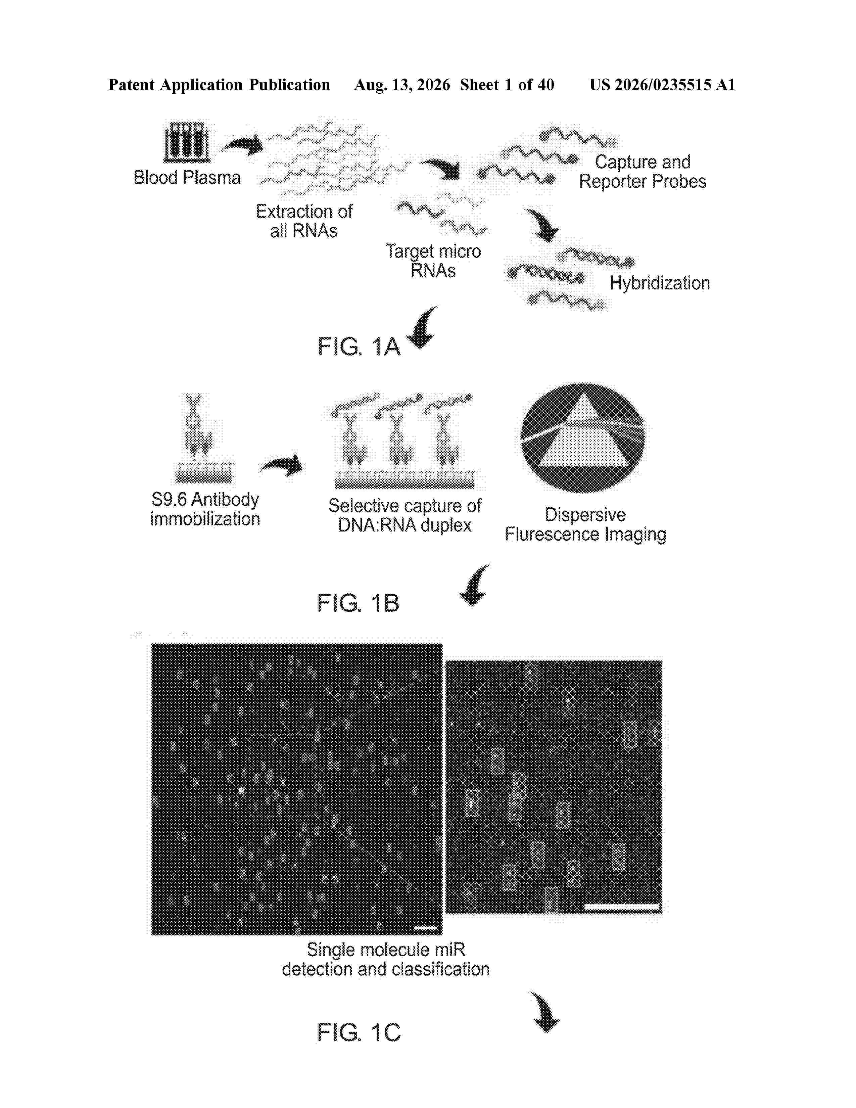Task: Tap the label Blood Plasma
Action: pos(187,178)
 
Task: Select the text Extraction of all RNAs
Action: pos(304,221)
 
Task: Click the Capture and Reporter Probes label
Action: pos(643,172)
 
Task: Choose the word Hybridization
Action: pos(660,283)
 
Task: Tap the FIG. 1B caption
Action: pos(359,603)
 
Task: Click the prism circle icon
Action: pos(583,438)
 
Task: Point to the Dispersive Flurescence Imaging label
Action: pos(585,524)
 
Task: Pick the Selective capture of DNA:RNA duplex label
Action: pos(405,515)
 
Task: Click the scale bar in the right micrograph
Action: pos(622,907)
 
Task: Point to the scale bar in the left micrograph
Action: pos(425,928)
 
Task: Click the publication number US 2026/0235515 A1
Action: pos(662,85)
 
